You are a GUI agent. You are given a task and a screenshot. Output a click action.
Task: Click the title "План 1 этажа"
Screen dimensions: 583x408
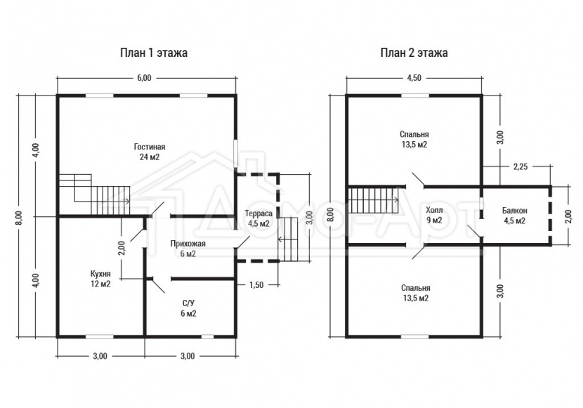coord(154,53)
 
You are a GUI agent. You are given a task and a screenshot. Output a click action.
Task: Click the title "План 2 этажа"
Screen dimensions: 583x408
coord(414,53)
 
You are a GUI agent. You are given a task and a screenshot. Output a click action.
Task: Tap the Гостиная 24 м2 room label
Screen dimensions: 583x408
coord(150,152)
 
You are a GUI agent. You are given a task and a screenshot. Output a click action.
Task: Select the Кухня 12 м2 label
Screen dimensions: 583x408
coord(100,279)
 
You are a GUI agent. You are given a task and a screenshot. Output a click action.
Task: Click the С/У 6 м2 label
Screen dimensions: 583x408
coord(188,308)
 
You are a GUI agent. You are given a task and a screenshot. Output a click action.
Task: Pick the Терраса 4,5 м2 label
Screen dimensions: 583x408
coord(258,219)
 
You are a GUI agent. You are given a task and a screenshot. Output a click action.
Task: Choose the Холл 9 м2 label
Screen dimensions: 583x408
coord(434,215)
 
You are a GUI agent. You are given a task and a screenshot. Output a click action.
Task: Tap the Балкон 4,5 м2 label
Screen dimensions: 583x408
coord(515,216)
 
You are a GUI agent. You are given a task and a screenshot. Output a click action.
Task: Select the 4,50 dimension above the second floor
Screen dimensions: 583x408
coord(414,78)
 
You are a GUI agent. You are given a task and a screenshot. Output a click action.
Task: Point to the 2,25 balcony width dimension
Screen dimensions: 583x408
coord(520,167)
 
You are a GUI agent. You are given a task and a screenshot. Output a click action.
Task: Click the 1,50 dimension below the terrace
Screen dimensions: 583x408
coord(256,285)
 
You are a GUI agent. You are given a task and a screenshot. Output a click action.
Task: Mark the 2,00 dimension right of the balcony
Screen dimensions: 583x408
coord(568,216)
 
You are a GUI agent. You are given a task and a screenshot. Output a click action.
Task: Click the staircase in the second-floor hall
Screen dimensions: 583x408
coord(373,200)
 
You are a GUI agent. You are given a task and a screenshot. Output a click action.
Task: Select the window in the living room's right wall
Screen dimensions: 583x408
coord(236,153)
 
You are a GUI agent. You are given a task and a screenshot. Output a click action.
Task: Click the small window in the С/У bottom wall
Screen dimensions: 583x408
coord(207,336)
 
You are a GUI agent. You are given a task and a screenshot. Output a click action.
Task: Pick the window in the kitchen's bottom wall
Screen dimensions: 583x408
coord(100,336)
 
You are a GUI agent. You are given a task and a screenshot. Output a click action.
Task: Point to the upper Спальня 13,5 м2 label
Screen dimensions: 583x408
coord(414,139)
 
